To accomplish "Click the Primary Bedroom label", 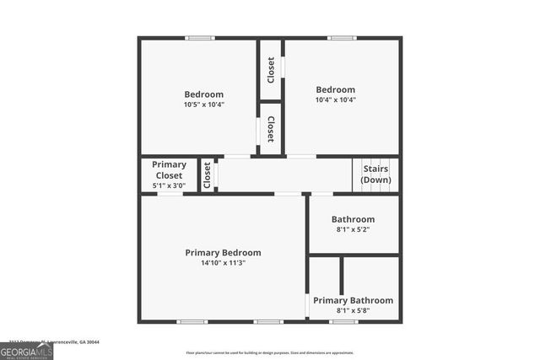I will click(x=223, y=252).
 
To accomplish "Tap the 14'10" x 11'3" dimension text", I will click(x=223, y=263).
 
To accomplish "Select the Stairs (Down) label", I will click(x=375, y=175).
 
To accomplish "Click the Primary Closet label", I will click(x=169, y=169).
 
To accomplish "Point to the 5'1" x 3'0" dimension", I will click(x=169, y=185).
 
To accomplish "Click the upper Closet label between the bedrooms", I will click(x=271, y=69).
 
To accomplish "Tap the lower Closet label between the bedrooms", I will click(x=271, y=129).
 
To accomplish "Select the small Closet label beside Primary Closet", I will click(x=208, y=175).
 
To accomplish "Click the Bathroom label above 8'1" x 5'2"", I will click(x=353, y=219).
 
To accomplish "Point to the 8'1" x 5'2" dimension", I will click(x=353, y=229).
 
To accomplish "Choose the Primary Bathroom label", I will click(x=353, y=300).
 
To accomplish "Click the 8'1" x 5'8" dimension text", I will click(x=353, y=311).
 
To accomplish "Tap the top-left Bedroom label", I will click(x=203, y=94).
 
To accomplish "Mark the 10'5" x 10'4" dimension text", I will click(x=203, y=105).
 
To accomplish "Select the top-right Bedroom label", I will click(x=335, y=89).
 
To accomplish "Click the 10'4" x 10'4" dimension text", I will click(x=335, y=99).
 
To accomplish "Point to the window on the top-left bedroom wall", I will click(x=200, y=37).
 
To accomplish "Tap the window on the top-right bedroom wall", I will click(x=341, y=37).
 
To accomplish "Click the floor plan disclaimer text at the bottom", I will click(x=270, y=352).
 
